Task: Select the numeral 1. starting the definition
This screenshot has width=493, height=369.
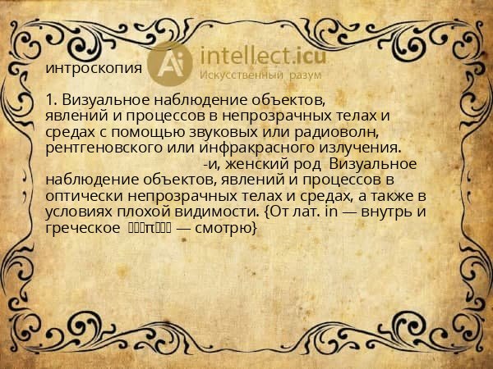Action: pyautogui.click(x=51, y=99)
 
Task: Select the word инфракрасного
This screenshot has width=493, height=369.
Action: pyautogui.click(x=251, y=148)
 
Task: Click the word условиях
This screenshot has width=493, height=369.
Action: pyautogui.click(x=79, y=212)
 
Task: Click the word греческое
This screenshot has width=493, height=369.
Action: pyautogui.click(x=83, y=227)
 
